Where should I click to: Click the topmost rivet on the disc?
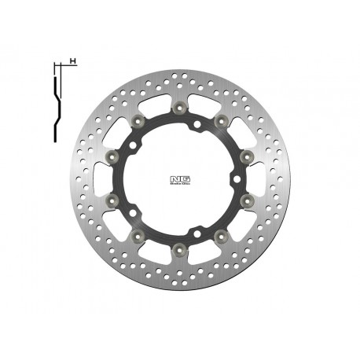(180, 105)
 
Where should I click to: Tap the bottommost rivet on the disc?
(180, 249)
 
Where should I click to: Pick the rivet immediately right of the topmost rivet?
(222, 119)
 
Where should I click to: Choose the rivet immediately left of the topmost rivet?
(138, 119)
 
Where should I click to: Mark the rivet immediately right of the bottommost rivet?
(222, 235)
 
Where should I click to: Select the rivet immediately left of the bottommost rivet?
(138, 235)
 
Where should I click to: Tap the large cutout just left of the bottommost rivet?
(158, 252)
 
